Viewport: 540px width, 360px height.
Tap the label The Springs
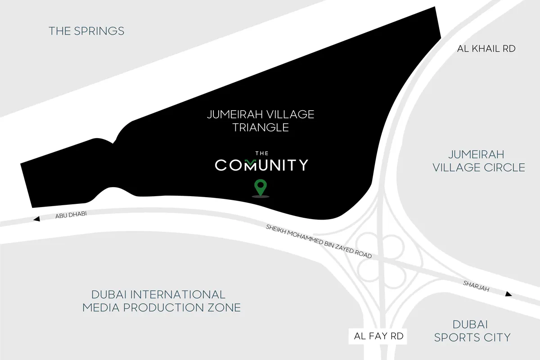point(86,31)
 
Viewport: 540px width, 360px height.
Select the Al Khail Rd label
point(486,49)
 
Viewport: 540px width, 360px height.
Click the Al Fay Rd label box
point(378,336)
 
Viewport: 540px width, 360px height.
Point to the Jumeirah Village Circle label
point(479,161)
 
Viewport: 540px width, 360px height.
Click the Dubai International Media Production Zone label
point(161,301)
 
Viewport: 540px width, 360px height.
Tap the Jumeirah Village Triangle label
point(261,121)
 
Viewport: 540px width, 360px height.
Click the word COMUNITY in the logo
point(261,165)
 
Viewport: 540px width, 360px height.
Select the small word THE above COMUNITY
point(261,153)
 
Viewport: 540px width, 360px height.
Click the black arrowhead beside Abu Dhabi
point(37,219)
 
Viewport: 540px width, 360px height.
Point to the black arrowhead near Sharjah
point(508,294)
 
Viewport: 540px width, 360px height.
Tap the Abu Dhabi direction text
point(71,216)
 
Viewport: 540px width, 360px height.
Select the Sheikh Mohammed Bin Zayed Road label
point(319,241)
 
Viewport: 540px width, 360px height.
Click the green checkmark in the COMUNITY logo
point(251,161)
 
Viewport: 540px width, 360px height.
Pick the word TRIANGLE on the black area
point(261,127)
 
